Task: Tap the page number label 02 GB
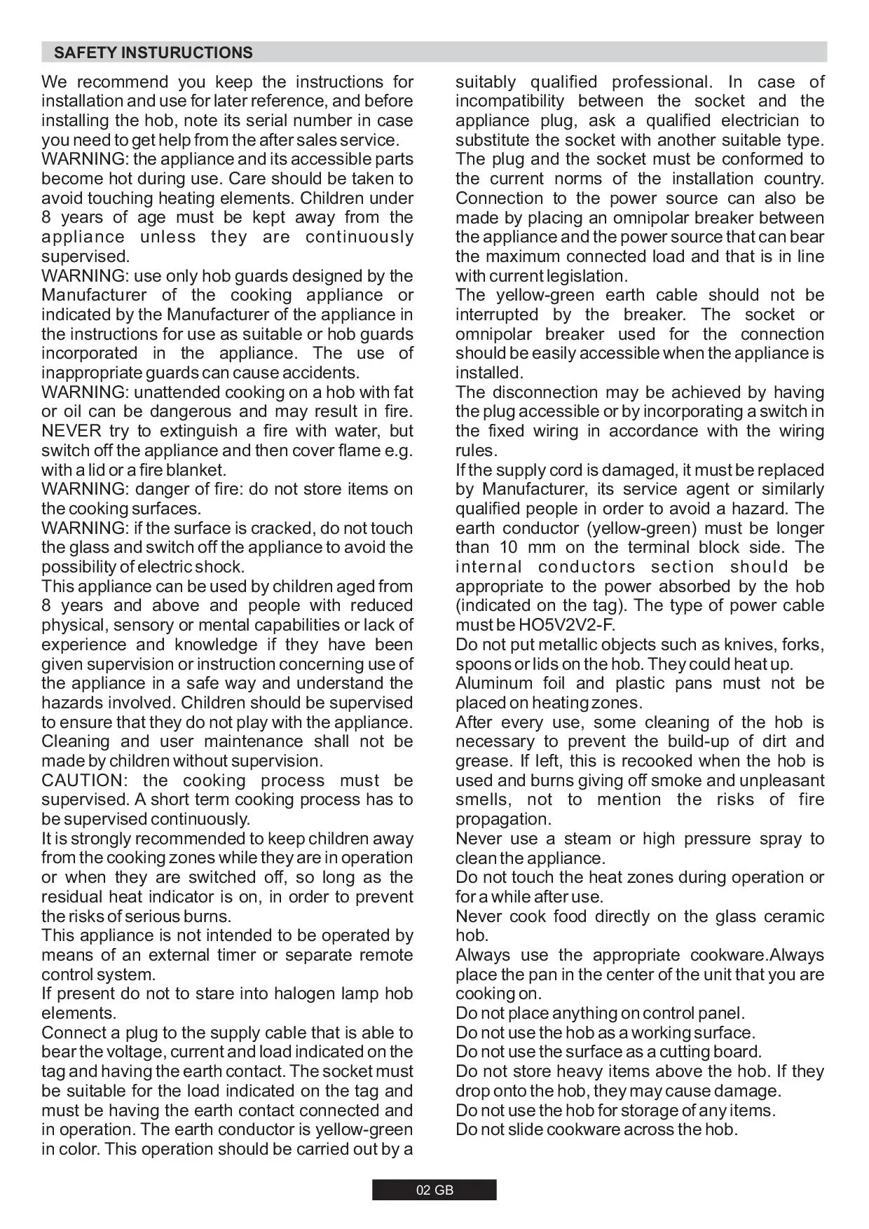[x=434, y=1190]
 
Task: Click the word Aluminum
[x=493, y=683]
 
